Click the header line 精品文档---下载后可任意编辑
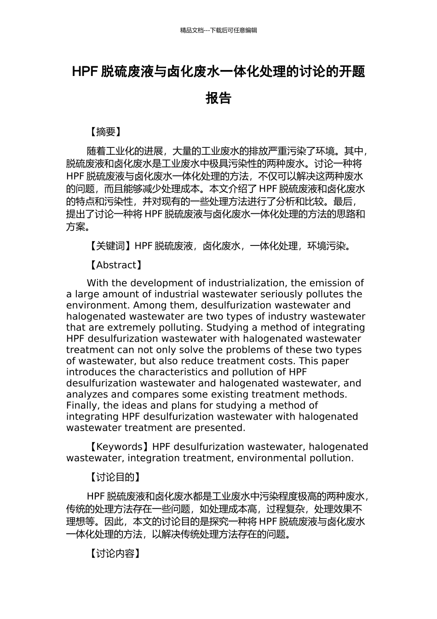pos(218,30)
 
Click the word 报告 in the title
pos(218,98)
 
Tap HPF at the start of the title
pos(85,72)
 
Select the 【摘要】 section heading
pos(105,132)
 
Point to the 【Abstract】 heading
pos(116,265)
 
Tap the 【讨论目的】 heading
pos(115,477)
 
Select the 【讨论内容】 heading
pos(115,553)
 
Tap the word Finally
pos(83,405)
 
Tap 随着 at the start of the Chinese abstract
pos(97,151)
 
